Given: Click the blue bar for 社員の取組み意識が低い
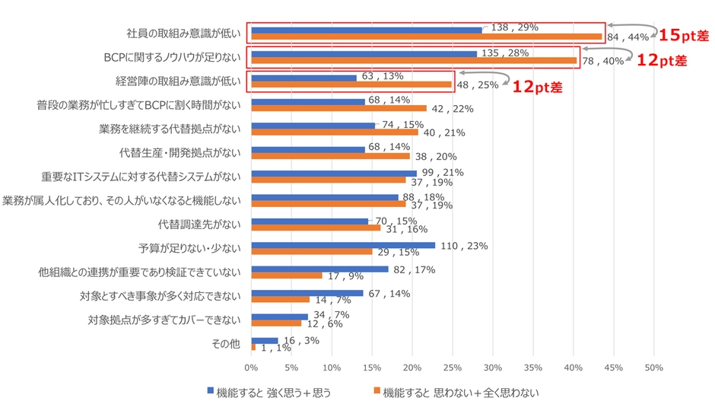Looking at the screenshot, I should (366, 30).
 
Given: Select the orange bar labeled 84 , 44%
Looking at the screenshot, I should (426, 37).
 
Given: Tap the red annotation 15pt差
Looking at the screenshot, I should (680, 35).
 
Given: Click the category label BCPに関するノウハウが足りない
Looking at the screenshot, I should (171, 57).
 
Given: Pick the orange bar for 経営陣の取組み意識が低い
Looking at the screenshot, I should (351, 84).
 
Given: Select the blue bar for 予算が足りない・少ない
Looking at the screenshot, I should (342, 245).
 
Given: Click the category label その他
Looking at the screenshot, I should (225, 343).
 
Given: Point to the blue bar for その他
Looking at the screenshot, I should (264, 340).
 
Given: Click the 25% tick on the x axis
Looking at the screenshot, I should (452, 368).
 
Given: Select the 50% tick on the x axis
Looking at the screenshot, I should (653, 368).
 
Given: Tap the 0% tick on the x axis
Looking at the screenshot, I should (251, 368).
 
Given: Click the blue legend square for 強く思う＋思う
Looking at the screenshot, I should (211, 391).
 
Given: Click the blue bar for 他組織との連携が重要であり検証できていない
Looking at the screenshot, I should (319, 269).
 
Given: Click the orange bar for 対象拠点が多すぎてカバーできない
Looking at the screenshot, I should (275, 323).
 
